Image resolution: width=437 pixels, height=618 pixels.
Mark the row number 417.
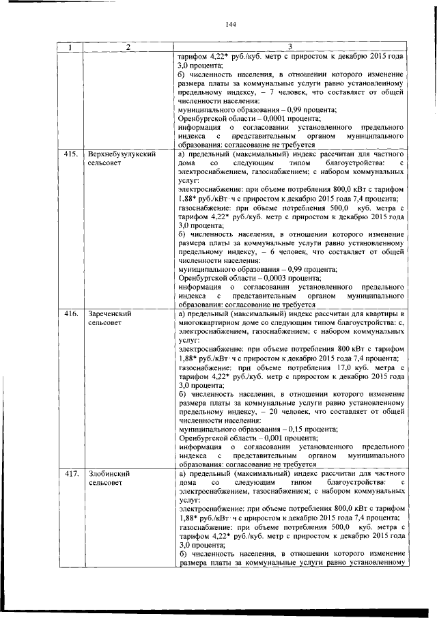[x=69, y=473]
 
